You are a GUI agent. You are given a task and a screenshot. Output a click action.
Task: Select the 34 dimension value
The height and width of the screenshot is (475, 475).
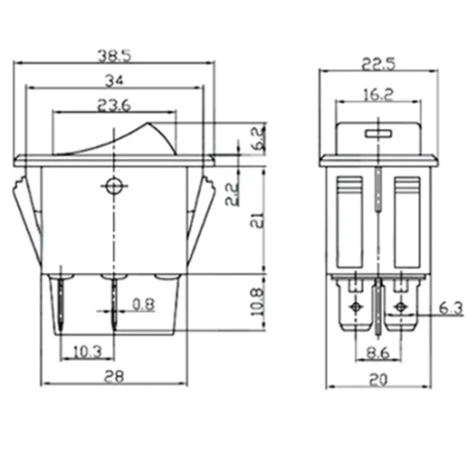coord(114,80)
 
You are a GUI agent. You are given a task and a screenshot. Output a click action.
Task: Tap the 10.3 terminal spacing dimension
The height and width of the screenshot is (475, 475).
coord(87,351)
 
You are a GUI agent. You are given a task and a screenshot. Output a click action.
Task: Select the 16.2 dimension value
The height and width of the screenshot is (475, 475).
coord(378,94)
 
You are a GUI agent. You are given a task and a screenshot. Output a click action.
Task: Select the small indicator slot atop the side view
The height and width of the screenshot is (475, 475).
coord(379,132)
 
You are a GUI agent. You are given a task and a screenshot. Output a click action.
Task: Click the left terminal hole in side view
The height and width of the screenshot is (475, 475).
coord(356,307)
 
